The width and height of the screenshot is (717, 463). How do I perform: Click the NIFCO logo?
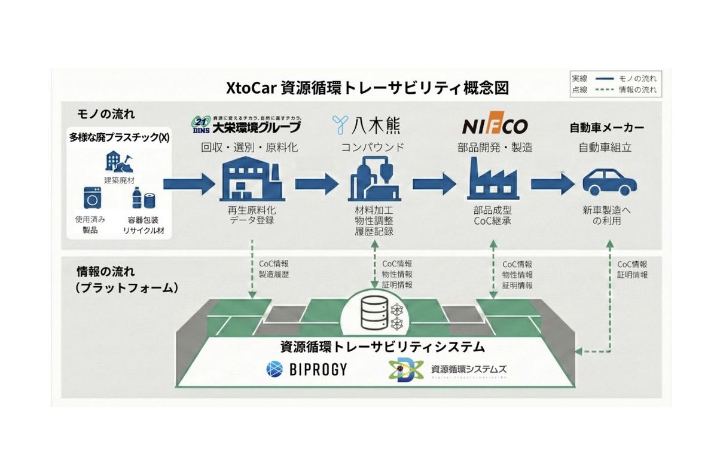[x=495, y=127]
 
